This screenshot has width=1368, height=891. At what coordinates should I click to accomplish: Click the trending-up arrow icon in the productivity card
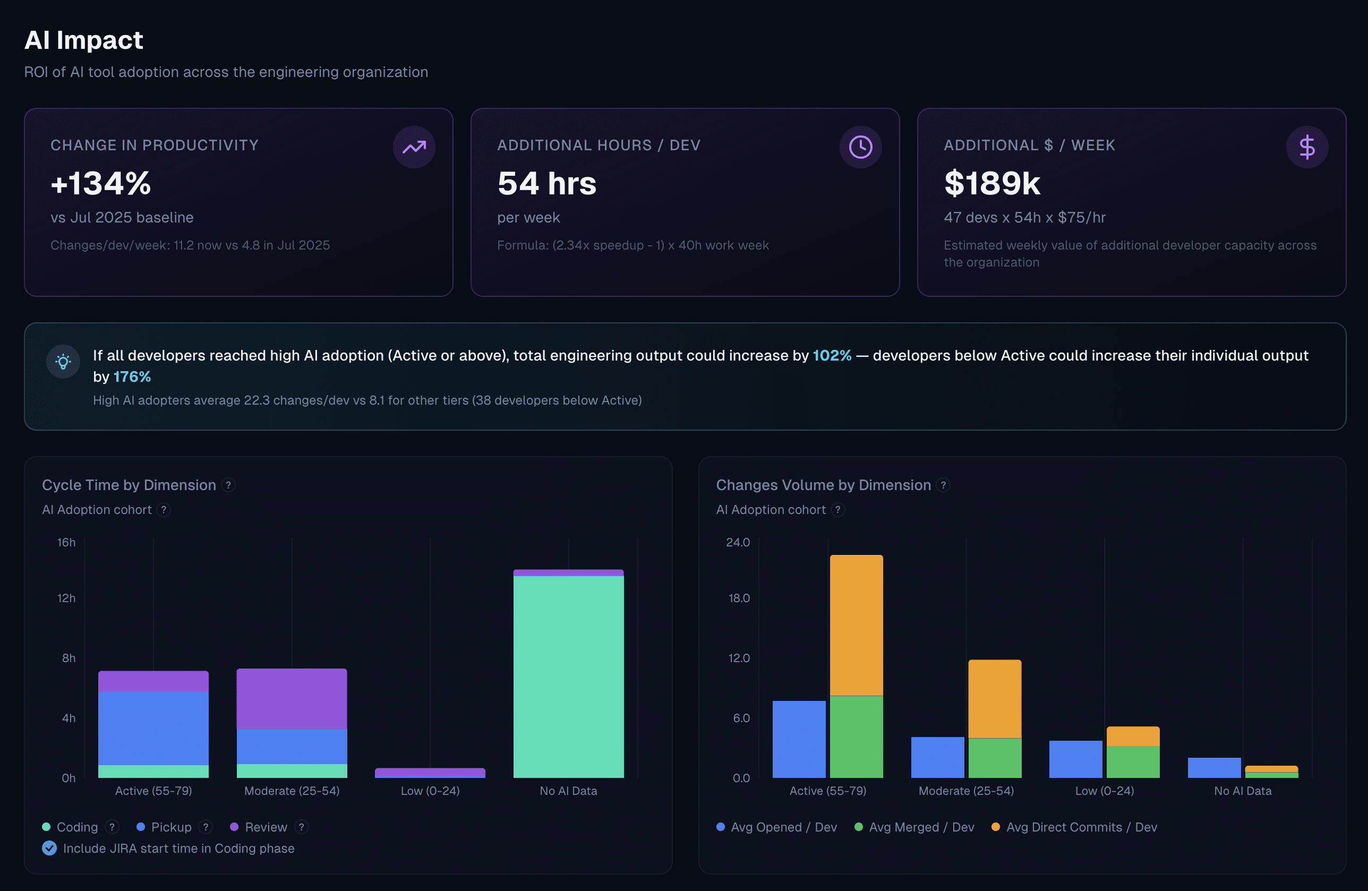414,147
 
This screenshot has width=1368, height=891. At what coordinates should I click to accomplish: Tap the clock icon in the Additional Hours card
860,147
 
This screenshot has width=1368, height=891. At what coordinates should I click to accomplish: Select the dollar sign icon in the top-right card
1307,147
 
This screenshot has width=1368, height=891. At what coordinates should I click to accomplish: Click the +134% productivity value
100,183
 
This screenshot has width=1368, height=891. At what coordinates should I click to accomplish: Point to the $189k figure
992,183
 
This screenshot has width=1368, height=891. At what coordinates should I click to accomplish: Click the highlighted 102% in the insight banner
832,355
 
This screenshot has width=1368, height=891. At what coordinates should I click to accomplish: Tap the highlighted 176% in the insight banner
132,376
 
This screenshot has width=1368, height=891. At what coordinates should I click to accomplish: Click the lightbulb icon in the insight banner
63,362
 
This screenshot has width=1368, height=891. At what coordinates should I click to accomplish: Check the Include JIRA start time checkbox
49,849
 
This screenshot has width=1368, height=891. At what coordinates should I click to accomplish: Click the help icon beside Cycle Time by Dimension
228,485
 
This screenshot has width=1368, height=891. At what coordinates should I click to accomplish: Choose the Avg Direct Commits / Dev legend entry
1074,827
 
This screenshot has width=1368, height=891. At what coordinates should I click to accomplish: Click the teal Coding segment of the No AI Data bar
568,676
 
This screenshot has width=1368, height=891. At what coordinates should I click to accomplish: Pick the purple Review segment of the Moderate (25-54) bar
292,699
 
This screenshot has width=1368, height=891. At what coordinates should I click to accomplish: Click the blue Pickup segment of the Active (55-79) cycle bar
153,729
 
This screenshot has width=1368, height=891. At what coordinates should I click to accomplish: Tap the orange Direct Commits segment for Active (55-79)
857,626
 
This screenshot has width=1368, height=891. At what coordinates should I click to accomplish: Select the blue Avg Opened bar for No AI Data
1214,768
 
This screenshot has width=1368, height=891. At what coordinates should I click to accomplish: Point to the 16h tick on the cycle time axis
66,543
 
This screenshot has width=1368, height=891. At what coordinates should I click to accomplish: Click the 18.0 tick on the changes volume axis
739,598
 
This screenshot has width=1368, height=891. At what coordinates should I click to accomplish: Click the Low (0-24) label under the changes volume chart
1105,791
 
